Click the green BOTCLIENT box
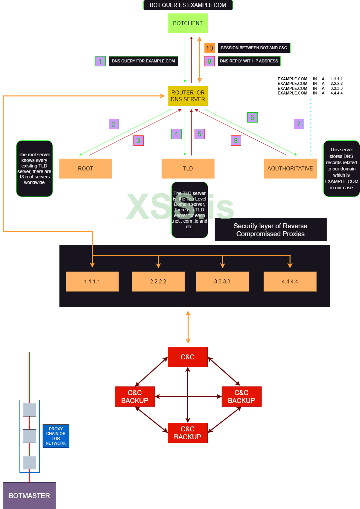click(188, 23)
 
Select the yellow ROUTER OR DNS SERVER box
click(188, 96)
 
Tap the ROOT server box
click(86, 168)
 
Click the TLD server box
click(188, 168)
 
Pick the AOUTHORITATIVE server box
click(290, 168)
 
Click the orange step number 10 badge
click(209, 48)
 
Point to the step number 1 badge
click(100, 61)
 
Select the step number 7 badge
click(299, 124)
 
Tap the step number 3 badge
click(138, 140)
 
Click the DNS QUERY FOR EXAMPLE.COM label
click(143, 61)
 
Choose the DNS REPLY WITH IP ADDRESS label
click(249, 61)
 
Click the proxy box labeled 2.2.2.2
click(158, 281)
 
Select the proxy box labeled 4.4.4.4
click(290, 281)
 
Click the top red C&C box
click(188, 357)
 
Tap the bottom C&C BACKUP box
click(188, 433)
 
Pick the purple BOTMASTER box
click(29, 495)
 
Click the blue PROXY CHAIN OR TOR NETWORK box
click(56, 436)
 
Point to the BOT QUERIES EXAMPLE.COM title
click(188, 5)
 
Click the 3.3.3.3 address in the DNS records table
click(337, 89)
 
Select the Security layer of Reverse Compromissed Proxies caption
click(270, 230)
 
